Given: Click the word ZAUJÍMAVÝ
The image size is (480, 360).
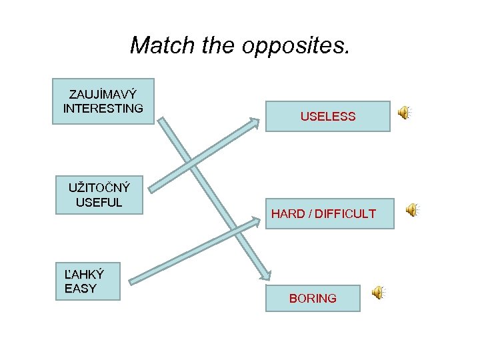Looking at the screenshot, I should tap(103, 95).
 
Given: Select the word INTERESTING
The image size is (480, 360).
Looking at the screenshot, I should tap(103, 108).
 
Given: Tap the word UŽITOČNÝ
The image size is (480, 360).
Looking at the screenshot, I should tap(99, 188).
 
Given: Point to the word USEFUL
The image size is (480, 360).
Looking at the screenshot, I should tap(99, 202).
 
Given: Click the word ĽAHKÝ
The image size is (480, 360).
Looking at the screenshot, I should tap(83, 274).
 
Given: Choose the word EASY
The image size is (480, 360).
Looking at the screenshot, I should tap(81, 288).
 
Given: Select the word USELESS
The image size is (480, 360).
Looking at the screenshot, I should tap(327, 117).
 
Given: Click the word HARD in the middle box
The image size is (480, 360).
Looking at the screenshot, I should tap(288, 214).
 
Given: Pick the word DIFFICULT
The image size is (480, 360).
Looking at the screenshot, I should tap(345, 214).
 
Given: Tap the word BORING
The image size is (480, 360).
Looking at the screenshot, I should tap(313, 299).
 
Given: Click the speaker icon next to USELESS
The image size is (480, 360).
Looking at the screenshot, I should tap(404, 113).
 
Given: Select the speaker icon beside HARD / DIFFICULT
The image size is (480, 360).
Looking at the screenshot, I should tap(413, 210).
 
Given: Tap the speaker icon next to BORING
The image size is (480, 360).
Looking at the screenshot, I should tap(377, 293).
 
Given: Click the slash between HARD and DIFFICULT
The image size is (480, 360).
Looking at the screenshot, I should tap(310, 214).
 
